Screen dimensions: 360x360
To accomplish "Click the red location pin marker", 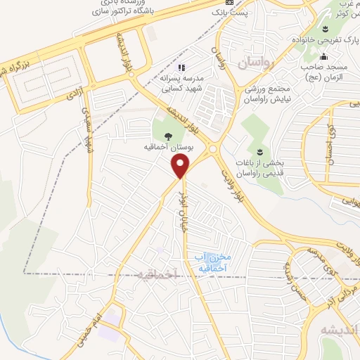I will tap(181, 167).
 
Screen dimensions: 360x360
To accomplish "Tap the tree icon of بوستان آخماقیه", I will tap(168, 136).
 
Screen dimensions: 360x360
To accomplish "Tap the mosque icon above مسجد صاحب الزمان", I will tap(323, 57).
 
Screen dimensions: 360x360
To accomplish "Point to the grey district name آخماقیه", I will tap(154, 274).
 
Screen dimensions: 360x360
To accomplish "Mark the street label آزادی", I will tap(73, 94).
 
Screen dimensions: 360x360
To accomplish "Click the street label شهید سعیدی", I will tap(86, 130).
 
